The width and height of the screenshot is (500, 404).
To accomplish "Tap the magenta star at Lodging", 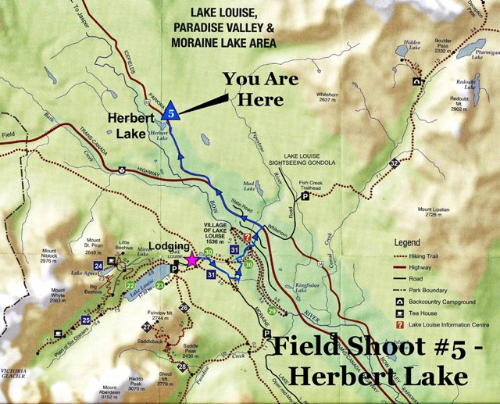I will [192, 261].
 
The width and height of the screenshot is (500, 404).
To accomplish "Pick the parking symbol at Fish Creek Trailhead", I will [305, 198].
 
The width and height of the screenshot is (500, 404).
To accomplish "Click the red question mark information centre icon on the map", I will [247, 237].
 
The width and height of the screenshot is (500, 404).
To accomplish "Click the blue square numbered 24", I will [99, 266].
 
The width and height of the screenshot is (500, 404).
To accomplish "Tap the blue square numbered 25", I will [85, 320].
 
